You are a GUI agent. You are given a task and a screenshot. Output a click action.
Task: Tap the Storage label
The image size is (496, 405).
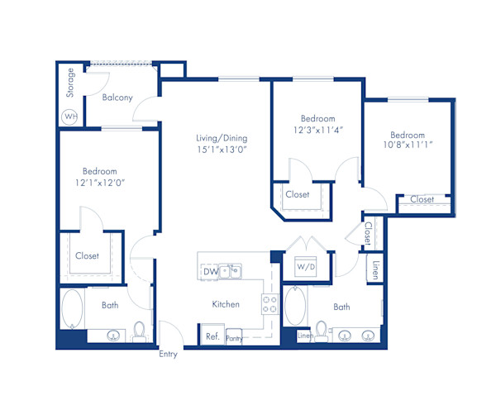click(x=71, y=82)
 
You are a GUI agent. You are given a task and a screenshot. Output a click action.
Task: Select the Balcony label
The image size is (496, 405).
click(x=117, y=98)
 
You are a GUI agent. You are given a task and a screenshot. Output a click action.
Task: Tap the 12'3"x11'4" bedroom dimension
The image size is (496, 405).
click(x=317, y=129)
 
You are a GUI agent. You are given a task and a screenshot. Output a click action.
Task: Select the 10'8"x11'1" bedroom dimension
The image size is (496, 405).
click(x=408, y=146)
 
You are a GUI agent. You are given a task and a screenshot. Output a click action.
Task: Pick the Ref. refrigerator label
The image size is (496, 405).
click(x=212, y=336)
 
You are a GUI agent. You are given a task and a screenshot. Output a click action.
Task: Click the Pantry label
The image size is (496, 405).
click(x=234, y=338)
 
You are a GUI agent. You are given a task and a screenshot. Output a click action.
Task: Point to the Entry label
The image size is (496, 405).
click(x=169, y=355)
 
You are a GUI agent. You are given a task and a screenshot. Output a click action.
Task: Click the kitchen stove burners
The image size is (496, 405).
click(x=269, y=304)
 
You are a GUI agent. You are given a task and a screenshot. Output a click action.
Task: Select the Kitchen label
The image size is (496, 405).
click(x=226, y=304)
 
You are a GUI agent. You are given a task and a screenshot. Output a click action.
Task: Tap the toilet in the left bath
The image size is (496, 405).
click(x=140, y=331)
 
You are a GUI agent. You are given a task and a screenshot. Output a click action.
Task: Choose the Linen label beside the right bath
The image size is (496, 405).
click(x=375, y=270)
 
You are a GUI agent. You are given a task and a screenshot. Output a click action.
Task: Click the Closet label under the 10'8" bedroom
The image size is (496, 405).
click(x=422, y=199)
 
